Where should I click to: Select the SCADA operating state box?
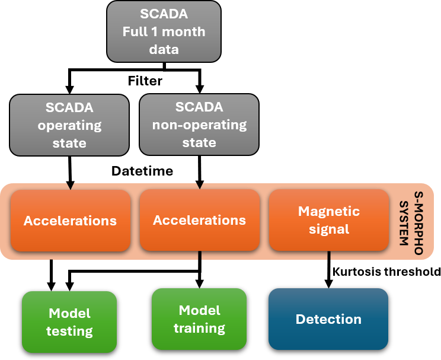(70, 125)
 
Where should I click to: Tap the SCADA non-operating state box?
(199, 125)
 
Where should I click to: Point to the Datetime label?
(142, 171)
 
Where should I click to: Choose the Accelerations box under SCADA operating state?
(70, 221)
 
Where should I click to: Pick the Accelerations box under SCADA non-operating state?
(199, 221)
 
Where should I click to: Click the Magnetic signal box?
(328, 220)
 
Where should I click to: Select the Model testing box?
(69, 322)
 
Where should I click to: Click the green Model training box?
(199, 319)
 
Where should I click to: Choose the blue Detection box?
(328, 320)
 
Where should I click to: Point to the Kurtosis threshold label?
(386, 272)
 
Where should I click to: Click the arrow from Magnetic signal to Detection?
(328, 270)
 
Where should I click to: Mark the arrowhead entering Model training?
(200, 284)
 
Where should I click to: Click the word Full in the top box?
(135, 31)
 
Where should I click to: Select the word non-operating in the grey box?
(199, 125)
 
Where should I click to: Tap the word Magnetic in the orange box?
(329, 211)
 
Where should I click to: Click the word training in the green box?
(199, 328)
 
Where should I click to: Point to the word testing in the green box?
(69, 331)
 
